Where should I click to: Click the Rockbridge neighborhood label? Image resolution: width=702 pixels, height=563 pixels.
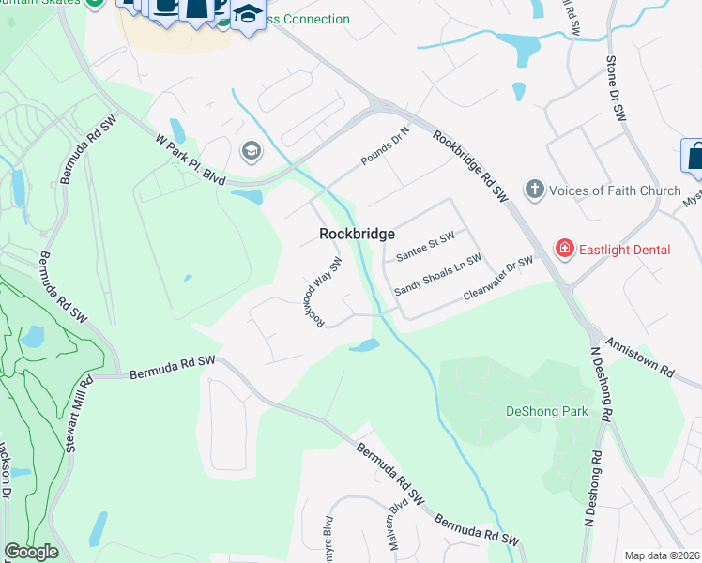pyautogui.click(x=356, y=234)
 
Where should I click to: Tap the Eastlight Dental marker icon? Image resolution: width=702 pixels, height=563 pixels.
pyautogui.click(x=565, y=249)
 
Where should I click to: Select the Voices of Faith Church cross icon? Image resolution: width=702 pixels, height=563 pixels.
pyautogui.click(x=534, y=190)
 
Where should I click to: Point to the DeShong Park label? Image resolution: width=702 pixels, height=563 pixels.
pyautogui.click(x=546, y=411)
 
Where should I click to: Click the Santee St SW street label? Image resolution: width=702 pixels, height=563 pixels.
pyautogui.click(x=425, y=247)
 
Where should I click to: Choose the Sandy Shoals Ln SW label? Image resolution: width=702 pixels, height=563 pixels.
pyautogui.click(x=437, y=273)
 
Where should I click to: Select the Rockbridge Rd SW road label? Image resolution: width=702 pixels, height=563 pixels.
pyautogui.click(x=470, y=165)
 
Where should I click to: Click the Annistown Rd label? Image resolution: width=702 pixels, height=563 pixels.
pyautogui.click(x=640, y=358)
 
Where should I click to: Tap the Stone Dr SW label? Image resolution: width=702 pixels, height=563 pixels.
pyautogui.click(x=615, y=89)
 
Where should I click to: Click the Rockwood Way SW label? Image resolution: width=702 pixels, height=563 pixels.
pyautogui.click(x=320, y=292)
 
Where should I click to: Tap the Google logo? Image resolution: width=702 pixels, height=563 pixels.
pyautogui.click(x=31, y=552)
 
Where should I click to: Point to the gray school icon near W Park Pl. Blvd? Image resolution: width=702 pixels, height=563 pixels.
pyautogui.click(x=251, y=150)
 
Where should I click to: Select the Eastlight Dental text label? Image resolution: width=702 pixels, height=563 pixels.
pyautogui.click(x=625, y=250)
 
